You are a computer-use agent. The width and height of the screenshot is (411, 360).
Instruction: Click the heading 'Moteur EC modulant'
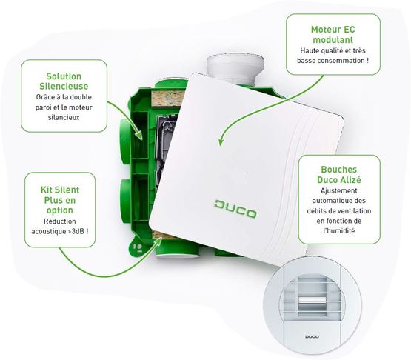(x=333, y=35)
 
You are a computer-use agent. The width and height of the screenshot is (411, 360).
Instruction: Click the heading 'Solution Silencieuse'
(x=64, y=81)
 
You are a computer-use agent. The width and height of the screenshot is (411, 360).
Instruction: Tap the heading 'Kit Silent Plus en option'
(x=60, y=200)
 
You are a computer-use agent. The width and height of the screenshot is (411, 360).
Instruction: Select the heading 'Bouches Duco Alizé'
(x=339, y=175)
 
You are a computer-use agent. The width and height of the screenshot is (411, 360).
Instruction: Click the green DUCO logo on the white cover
(x=235, y=209)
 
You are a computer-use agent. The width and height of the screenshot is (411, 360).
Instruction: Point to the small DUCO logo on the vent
(x=312, y=336)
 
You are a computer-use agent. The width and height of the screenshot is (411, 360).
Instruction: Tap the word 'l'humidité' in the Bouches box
(x=339, y=231)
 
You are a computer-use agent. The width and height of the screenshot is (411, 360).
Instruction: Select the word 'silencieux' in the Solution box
(x=64, y=117)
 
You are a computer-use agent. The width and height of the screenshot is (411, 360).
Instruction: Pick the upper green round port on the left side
(x=125, y=141)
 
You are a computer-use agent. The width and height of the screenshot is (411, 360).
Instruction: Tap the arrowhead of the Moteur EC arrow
(x=221, y=141)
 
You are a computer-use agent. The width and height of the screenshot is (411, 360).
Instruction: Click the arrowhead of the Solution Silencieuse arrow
(x=139, y=135)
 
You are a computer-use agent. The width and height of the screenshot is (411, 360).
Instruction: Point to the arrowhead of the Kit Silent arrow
(x=158, y=241)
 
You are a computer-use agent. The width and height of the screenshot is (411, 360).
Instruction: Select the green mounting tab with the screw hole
(x=138, y=245)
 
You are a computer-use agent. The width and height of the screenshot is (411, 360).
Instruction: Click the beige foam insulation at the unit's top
(x=168, y=99)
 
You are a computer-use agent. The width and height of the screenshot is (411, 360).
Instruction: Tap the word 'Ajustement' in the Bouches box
(x=339, y=190)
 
